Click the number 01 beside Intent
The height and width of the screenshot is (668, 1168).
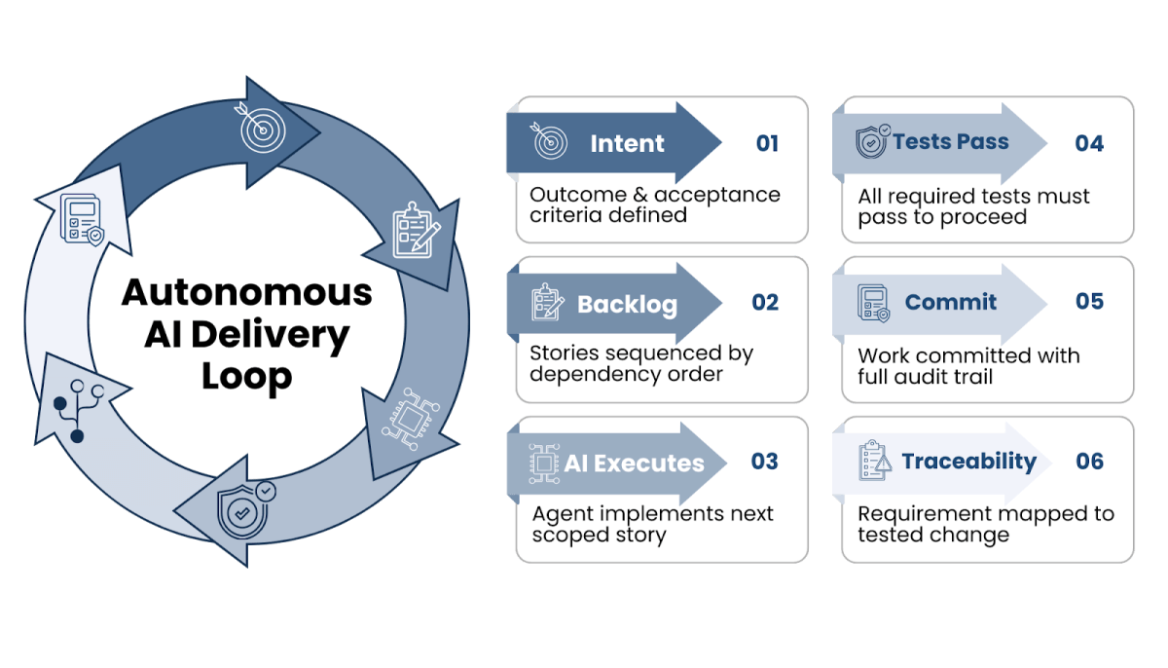767,143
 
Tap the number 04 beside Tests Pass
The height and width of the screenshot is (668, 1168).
1089,143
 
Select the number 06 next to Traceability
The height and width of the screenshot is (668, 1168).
1090,462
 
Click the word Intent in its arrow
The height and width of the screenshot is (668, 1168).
627,144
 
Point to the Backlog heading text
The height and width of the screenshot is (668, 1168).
627,304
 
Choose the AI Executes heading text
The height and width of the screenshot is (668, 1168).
634,463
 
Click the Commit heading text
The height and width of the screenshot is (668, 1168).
950,302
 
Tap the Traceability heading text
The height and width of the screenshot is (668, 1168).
968,462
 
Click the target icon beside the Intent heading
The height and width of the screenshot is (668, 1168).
551,143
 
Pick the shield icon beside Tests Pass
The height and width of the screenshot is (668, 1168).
872,142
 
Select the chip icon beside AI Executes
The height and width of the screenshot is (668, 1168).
544,462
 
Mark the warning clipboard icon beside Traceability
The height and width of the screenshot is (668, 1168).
874,461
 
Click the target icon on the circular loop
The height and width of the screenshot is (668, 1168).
258,130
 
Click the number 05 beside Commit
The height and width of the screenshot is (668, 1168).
1089,302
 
